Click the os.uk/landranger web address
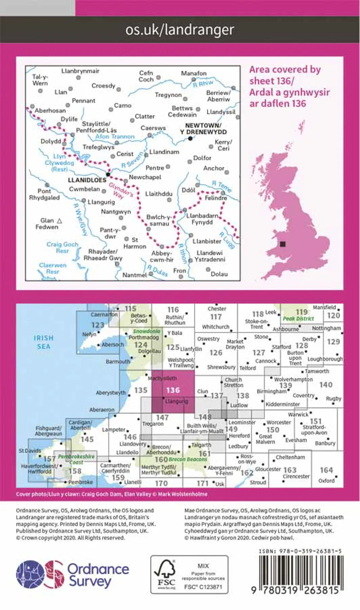click(180, 30)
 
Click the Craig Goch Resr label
click(62, 248)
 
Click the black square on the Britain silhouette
click(282, 244)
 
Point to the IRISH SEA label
click(43, 342)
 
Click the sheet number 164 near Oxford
click(326, 470)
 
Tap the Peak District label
click(297, 319)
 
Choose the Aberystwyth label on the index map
click(111, 393)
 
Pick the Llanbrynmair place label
click(80, 71)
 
